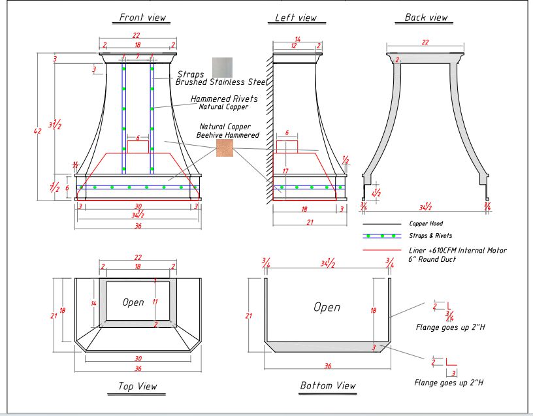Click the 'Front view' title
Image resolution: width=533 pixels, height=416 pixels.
142,18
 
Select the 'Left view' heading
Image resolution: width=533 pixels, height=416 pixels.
295,18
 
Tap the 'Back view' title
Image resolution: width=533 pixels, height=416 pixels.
426,18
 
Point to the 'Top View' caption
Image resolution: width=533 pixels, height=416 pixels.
137,387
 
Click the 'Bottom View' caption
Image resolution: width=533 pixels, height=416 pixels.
328,386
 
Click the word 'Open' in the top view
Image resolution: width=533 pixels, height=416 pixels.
133,302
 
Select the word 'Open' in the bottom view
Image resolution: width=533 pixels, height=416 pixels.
327,307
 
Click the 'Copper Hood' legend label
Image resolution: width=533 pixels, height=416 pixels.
426,224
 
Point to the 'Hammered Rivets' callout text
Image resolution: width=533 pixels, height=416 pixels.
224,99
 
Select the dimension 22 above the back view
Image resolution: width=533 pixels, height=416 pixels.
425,42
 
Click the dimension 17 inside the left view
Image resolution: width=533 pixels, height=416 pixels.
285,171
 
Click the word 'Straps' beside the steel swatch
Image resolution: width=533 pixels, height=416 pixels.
190,74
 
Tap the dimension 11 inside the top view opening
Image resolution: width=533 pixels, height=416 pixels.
155,302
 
